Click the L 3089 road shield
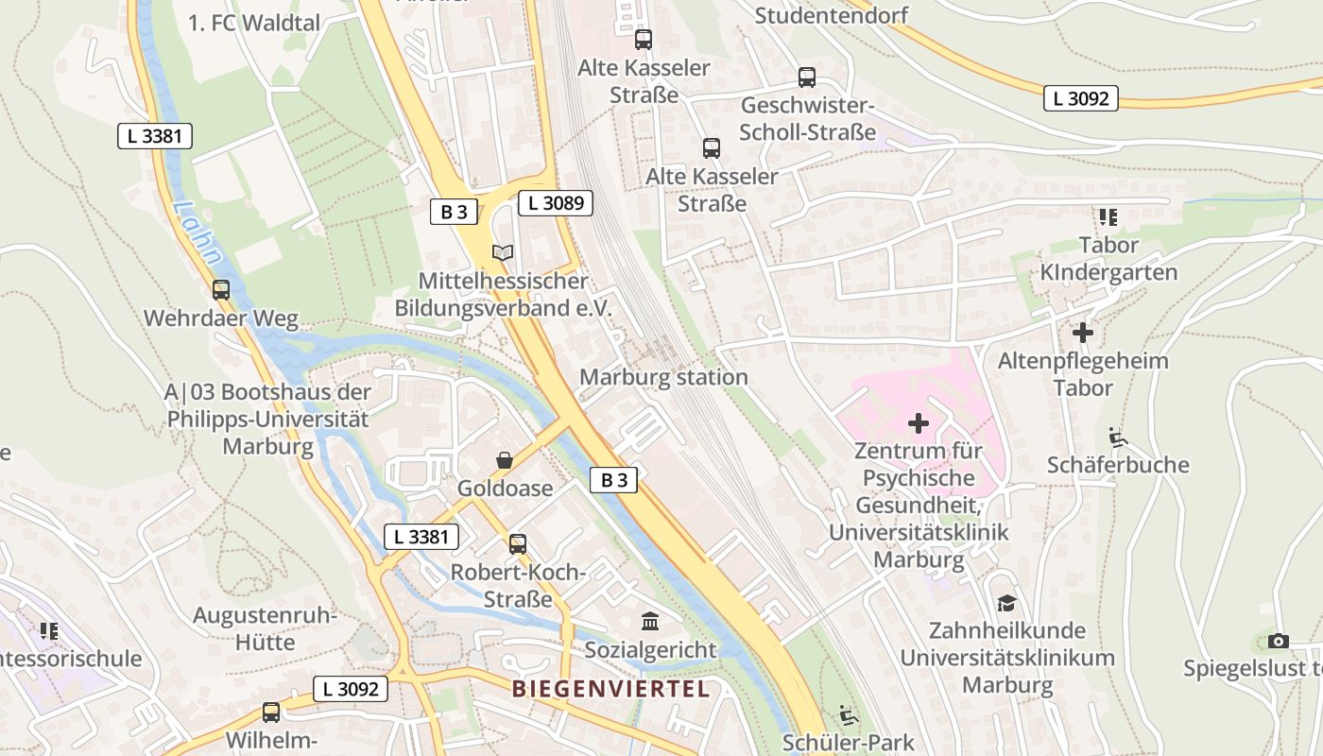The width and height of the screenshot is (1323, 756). click(555, 202)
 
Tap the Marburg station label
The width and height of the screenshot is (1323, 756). click(663, 377)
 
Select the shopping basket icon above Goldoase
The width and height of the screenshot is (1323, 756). click(505, 460)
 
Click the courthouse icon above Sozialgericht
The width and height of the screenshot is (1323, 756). click(650, 621)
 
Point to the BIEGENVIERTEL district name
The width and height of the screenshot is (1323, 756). click(610, 689)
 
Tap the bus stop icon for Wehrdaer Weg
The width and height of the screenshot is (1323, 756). click(221, 290)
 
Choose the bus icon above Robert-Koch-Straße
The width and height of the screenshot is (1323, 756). click(517, 543)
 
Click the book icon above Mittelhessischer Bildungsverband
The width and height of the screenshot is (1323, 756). click(503, 253)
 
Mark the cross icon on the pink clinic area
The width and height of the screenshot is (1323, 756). click(918, 423)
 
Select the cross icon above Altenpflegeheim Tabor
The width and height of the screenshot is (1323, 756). click(1083, 333)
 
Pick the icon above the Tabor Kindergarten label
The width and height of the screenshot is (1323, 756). click(1108, 217)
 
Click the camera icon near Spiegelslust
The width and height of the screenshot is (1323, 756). click(1278, 641)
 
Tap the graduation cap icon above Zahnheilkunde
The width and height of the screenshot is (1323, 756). click(1006, 603)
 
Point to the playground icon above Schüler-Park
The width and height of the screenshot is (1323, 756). click(849, 714)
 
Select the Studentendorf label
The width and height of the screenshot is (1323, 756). click(832, 15)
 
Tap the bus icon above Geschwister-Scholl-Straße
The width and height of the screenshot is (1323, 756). click(806, 77)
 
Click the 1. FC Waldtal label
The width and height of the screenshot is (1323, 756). click(254, 23)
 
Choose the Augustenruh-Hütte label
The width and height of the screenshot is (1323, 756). click(265, 629)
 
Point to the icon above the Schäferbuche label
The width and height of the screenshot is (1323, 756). click(1117, 437)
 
